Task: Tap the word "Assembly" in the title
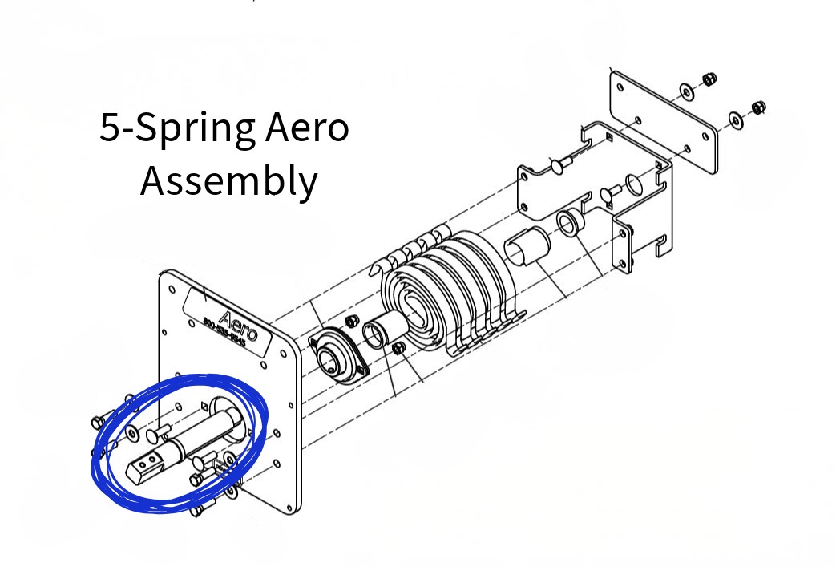click(228, 181)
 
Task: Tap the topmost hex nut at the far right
click(709, 79)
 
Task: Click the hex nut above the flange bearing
click(350, 322)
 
